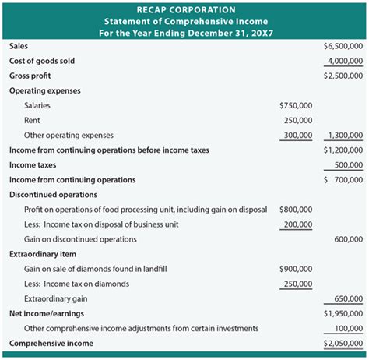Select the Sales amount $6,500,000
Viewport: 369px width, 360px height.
tap(343, 46)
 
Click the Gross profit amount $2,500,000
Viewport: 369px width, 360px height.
tap(343, 76)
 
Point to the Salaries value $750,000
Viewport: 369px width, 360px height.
tap(296, 105)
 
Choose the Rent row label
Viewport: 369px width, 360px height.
tap(33, 120)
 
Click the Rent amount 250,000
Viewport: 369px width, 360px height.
tap(298, 120)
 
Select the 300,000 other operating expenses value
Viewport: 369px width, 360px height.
tap(298, 135)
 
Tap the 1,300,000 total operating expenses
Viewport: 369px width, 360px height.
tap(344, 135)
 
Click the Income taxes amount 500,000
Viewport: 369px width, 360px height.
tap(348, 165)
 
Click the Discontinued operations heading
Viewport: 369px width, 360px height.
tap(53, 195)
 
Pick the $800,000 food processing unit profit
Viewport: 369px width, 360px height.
tap(296, 210)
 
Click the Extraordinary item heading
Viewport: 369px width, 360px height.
tap(44, 255)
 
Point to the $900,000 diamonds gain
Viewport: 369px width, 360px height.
tap(296, 269)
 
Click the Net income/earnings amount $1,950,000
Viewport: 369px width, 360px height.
tap(343, 313)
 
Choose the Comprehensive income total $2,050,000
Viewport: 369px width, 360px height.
tap(343, 344)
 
